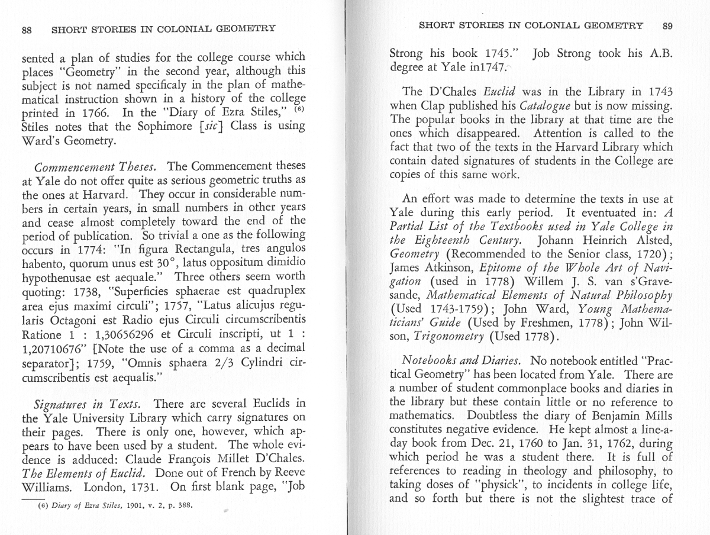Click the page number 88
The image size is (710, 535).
point(27,30)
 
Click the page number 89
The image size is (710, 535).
point(667,25)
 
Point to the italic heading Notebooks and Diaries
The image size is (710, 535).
point(462,360)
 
